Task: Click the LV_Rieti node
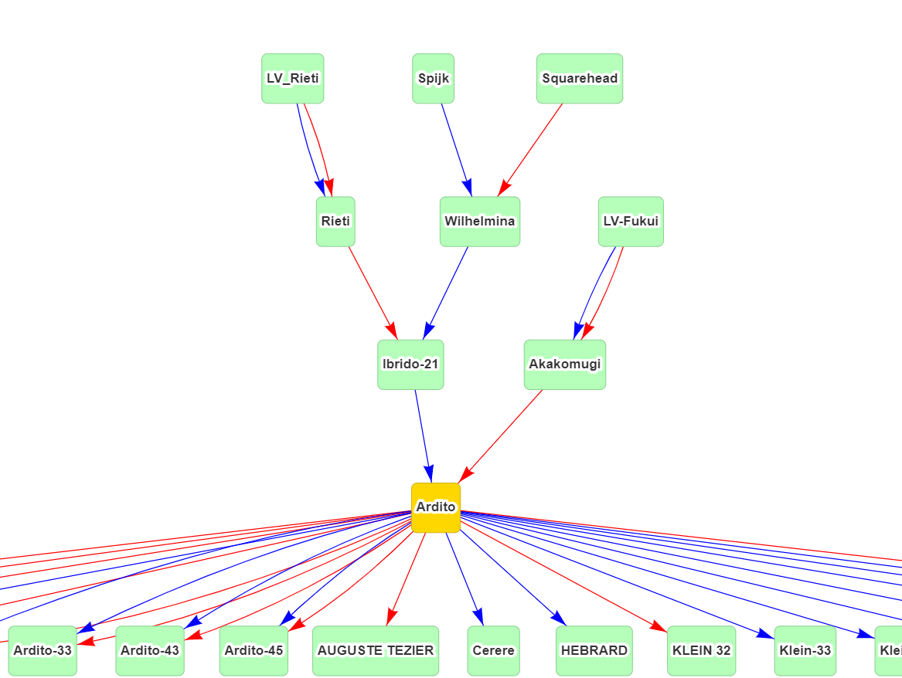(292, 78)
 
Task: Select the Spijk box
(433, 78)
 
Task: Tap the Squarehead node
(580, 78)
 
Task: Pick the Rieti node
(335, 222)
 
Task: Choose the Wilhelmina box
(479, 222)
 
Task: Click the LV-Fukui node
(631, 222)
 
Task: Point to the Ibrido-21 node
(410, 364)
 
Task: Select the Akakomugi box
(564, 364)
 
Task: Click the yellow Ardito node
(435, 507)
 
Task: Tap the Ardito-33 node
(43, 650)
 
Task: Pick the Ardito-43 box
(150, 650)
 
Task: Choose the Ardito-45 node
(254, 650)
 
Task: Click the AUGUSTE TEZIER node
(376, 650)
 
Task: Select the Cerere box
(493, 650)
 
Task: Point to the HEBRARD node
(594, 650)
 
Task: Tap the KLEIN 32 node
(701, 650)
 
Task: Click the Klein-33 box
(805, 650)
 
